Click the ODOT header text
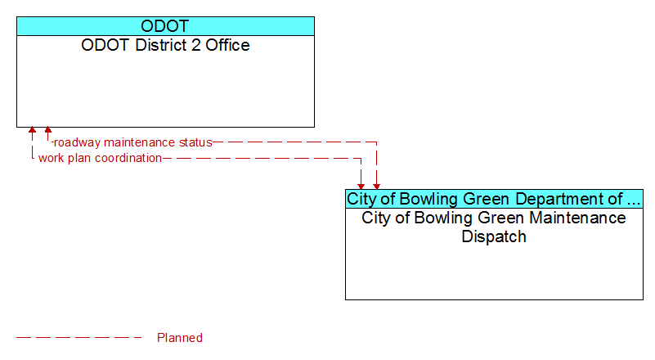click(165, 26)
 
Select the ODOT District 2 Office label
click(165, 45)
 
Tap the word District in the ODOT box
click(161, 45)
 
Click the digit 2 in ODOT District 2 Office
click(196, 45)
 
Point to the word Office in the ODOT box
click(227, 45)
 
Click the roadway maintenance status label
click(133, 142)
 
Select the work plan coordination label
click(100, 158)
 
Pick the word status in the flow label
click(195, 142)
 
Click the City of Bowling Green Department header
click(494, 199)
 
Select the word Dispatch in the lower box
click(494, 236)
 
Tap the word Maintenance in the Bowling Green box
click(572, 218)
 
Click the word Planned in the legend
click(180, 338)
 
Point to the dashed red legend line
click(79, 337)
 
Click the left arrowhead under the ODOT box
click(32, 130)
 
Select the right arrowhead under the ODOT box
click(48, 130)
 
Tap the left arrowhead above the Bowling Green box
click(361, 187)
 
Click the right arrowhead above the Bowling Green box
click(377, 187)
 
